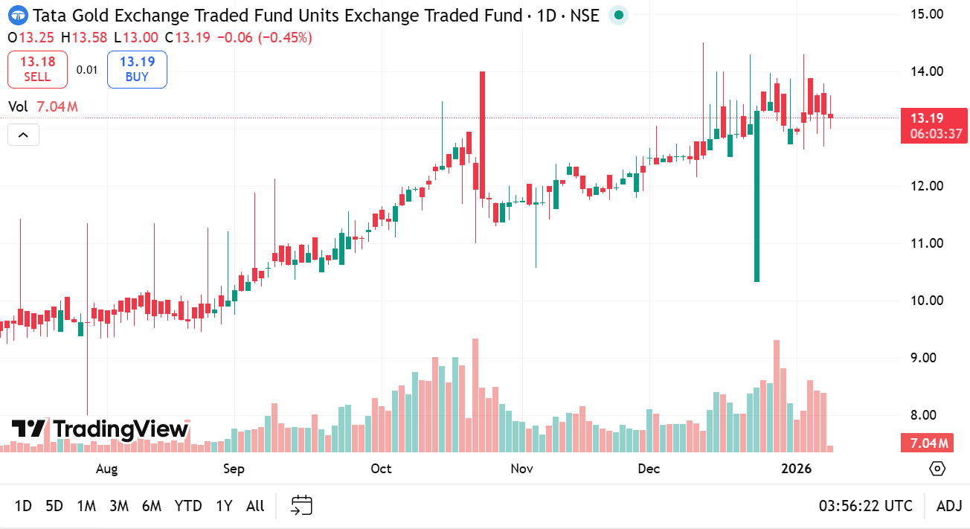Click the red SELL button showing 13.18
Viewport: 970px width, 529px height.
(x=37, y=69)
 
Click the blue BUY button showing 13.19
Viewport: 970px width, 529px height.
(x=137, y=69)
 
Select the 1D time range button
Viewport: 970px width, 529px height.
(x=23, y=506)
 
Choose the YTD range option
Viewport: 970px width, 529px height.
(x=188, y=506)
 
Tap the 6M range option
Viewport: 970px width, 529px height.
(x=151, y=506)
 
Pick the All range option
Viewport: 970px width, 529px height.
(x=255, y=506)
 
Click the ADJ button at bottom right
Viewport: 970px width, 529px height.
(x=949, y=506)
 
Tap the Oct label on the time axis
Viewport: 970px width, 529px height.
(x=381, y=469)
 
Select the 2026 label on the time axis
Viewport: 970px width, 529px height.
(x=796, y=469)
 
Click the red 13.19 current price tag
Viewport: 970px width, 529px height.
(x=934, y=118)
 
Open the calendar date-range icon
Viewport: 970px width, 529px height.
(x=301, y=506)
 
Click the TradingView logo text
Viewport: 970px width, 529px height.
(x=100, y=429)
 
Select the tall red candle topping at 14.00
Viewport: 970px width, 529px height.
(x=482, y=134)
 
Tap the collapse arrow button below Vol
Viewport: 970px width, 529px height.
(x=23, y=135)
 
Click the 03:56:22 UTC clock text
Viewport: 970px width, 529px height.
(x=866, y=506)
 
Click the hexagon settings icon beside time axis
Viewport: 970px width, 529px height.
(x=937, y=469)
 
